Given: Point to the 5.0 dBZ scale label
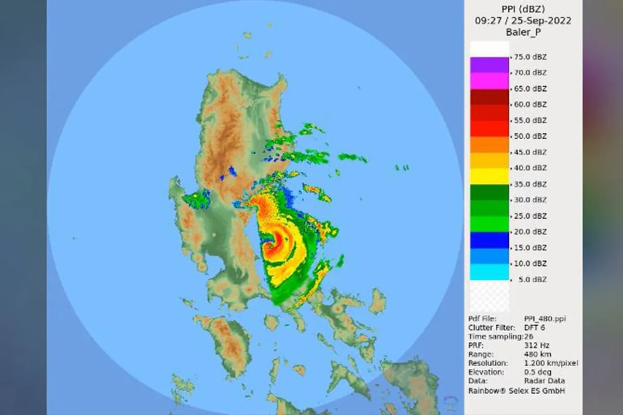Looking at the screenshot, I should tap(531, 279).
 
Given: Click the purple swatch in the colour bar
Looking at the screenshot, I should tap(489, 65).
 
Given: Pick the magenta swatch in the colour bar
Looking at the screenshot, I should tap(489, 81).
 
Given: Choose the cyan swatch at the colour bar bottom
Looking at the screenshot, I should tap(489, 272).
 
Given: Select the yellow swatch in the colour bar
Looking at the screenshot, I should tap(489, 177).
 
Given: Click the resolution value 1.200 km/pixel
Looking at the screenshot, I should tap(551, 363).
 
